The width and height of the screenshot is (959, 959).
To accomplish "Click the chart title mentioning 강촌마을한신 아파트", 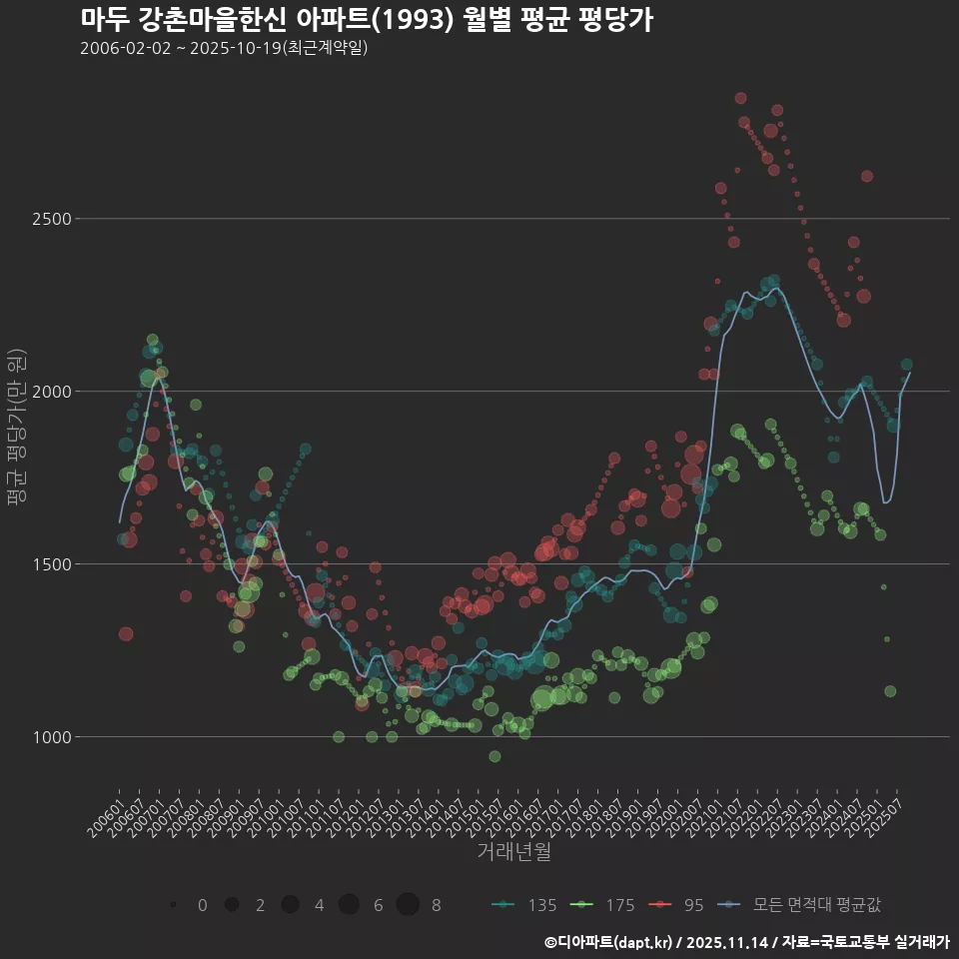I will click(x=366, y=20).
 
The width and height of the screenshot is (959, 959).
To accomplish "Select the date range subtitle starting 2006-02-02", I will click(x=224, y=48).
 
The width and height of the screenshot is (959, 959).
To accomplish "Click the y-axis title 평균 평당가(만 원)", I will click(x=14, y=430).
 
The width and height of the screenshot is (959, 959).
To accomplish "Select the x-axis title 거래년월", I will click(x=513, y=851).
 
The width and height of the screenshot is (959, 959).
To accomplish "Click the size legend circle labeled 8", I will click(x=408, y=905).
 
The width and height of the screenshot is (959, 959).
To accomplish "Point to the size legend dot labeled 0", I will click(x=174, y=905).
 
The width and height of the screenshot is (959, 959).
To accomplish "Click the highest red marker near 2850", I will click(x=740, y=98).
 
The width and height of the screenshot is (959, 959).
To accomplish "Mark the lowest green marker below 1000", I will click(x=494, y=756).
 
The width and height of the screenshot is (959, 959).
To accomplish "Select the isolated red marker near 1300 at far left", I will click(x=126, y=633).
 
